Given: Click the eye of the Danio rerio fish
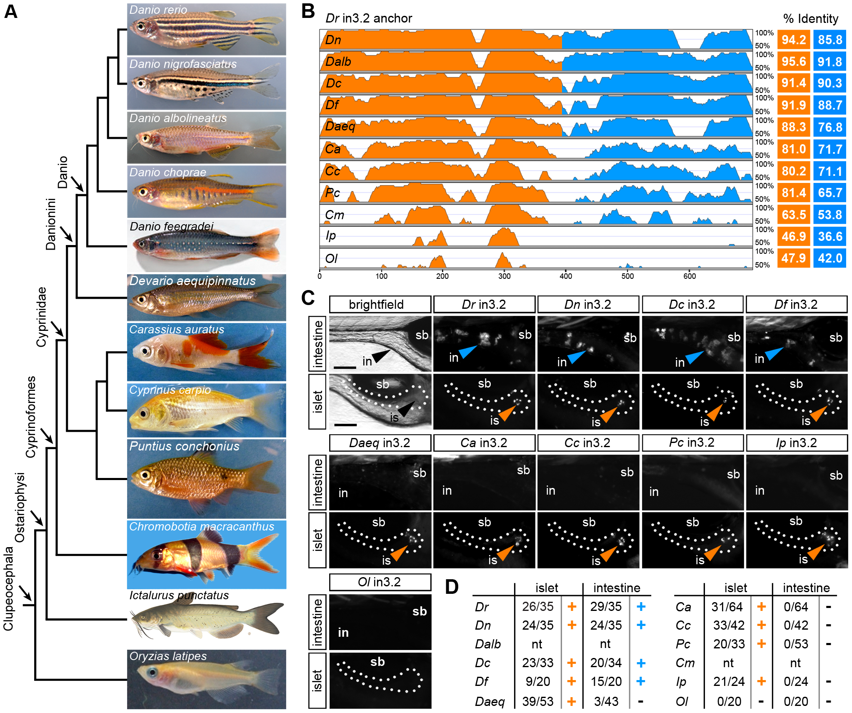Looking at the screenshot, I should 140,26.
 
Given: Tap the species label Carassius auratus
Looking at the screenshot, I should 176,329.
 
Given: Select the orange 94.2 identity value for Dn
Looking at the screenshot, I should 793,40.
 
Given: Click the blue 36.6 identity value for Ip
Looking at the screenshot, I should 830,236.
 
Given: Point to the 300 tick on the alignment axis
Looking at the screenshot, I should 504,276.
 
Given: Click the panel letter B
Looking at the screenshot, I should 308,11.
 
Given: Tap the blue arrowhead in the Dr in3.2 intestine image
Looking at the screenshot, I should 467,351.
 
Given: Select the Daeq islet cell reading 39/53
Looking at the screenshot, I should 537,701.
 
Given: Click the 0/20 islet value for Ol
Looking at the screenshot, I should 729,701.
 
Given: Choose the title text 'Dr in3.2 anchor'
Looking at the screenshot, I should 368,18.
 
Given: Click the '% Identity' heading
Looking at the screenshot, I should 810,19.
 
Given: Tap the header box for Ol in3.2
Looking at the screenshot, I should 380,582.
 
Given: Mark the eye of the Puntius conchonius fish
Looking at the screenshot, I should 145,475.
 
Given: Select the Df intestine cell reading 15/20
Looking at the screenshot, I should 606,681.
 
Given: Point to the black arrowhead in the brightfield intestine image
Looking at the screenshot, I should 381,355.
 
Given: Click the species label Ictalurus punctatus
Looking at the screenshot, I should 179,595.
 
